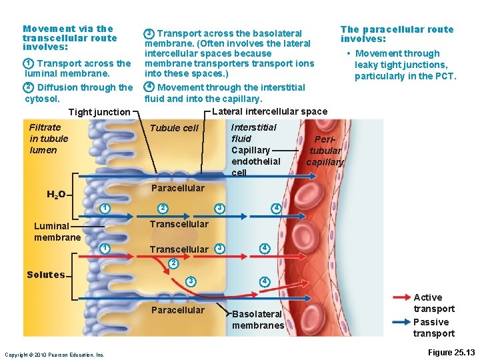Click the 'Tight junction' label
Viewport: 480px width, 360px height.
[99, 112]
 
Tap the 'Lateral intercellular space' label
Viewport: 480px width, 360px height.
[269, 111]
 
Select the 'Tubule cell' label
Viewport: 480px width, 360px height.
[174, 128]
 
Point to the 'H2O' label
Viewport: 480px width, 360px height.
[56, 195]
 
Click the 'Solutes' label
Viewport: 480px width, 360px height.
[46, 275]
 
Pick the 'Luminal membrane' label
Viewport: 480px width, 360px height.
[57, 231]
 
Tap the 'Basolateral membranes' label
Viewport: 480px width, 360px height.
[258, 319]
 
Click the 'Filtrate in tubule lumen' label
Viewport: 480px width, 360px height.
[49, 139]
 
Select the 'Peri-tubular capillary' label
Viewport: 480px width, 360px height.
[325, 151]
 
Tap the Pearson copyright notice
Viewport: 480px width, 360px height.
[54, 355]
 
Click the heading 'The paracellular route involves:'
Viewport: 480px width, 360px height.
[397, 34]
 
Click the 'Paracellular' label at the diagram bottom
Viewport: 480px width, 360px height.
[178, 310]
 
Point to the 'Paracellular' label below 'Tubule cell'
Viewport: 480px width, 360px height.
[178, 188]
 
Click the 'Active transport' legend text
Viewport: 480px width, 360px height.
[433, 303]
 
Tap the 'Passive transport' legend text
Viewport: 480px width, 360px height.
[433, 327]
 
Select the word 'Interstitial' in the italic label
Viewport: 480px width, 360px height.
[253, 127]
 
